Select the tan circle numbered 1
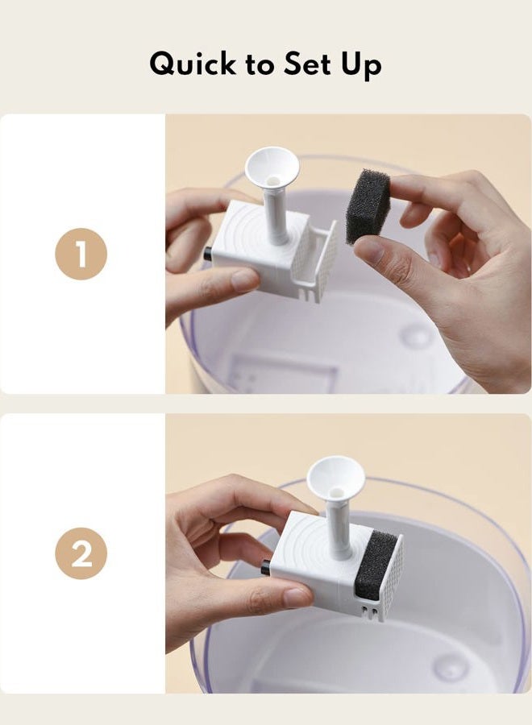pyautogui.click(x=81, y=254)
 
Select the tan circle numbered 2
pyautogui.click(x=81, y=553)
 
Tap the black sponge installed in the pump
pyautogui.click(x=376, y=565)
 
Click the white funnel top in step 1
pyautogui.click(x=272, y=168)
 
